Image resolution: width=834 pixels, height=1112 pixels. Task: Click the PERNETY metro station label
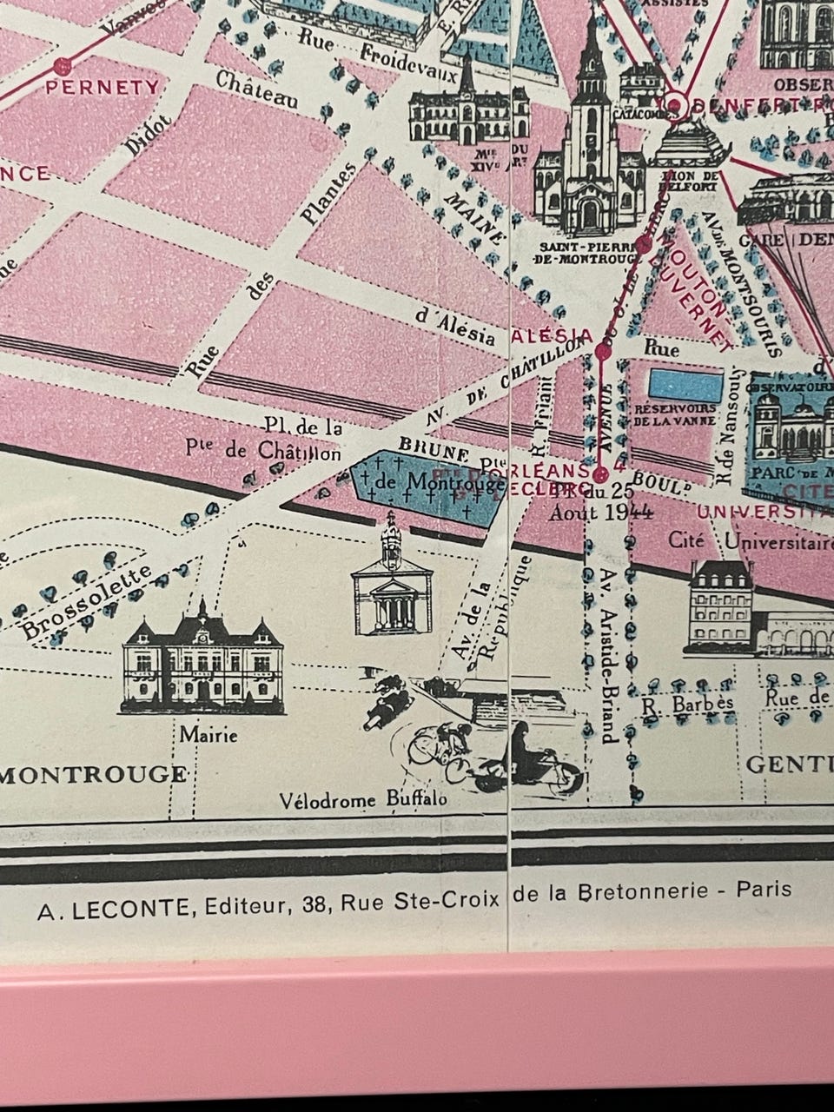(103, 87)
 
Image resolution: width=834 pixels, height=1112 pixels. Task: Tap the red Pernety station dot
(62, 65)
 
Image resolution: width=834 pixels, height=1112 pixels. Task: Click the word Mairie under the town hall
(208, 736)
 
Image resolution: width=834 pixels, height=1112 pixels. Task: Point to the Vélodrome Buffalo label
(364, 799)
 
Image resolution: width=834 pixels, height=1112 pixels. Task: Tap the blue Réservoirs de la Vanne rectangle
(685, 382)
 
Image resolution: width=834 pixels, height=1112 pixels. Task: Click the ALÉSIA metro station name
(553, 335)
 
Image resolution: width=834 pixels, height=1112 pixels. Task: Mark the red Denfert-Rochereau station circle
(678, 104)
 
